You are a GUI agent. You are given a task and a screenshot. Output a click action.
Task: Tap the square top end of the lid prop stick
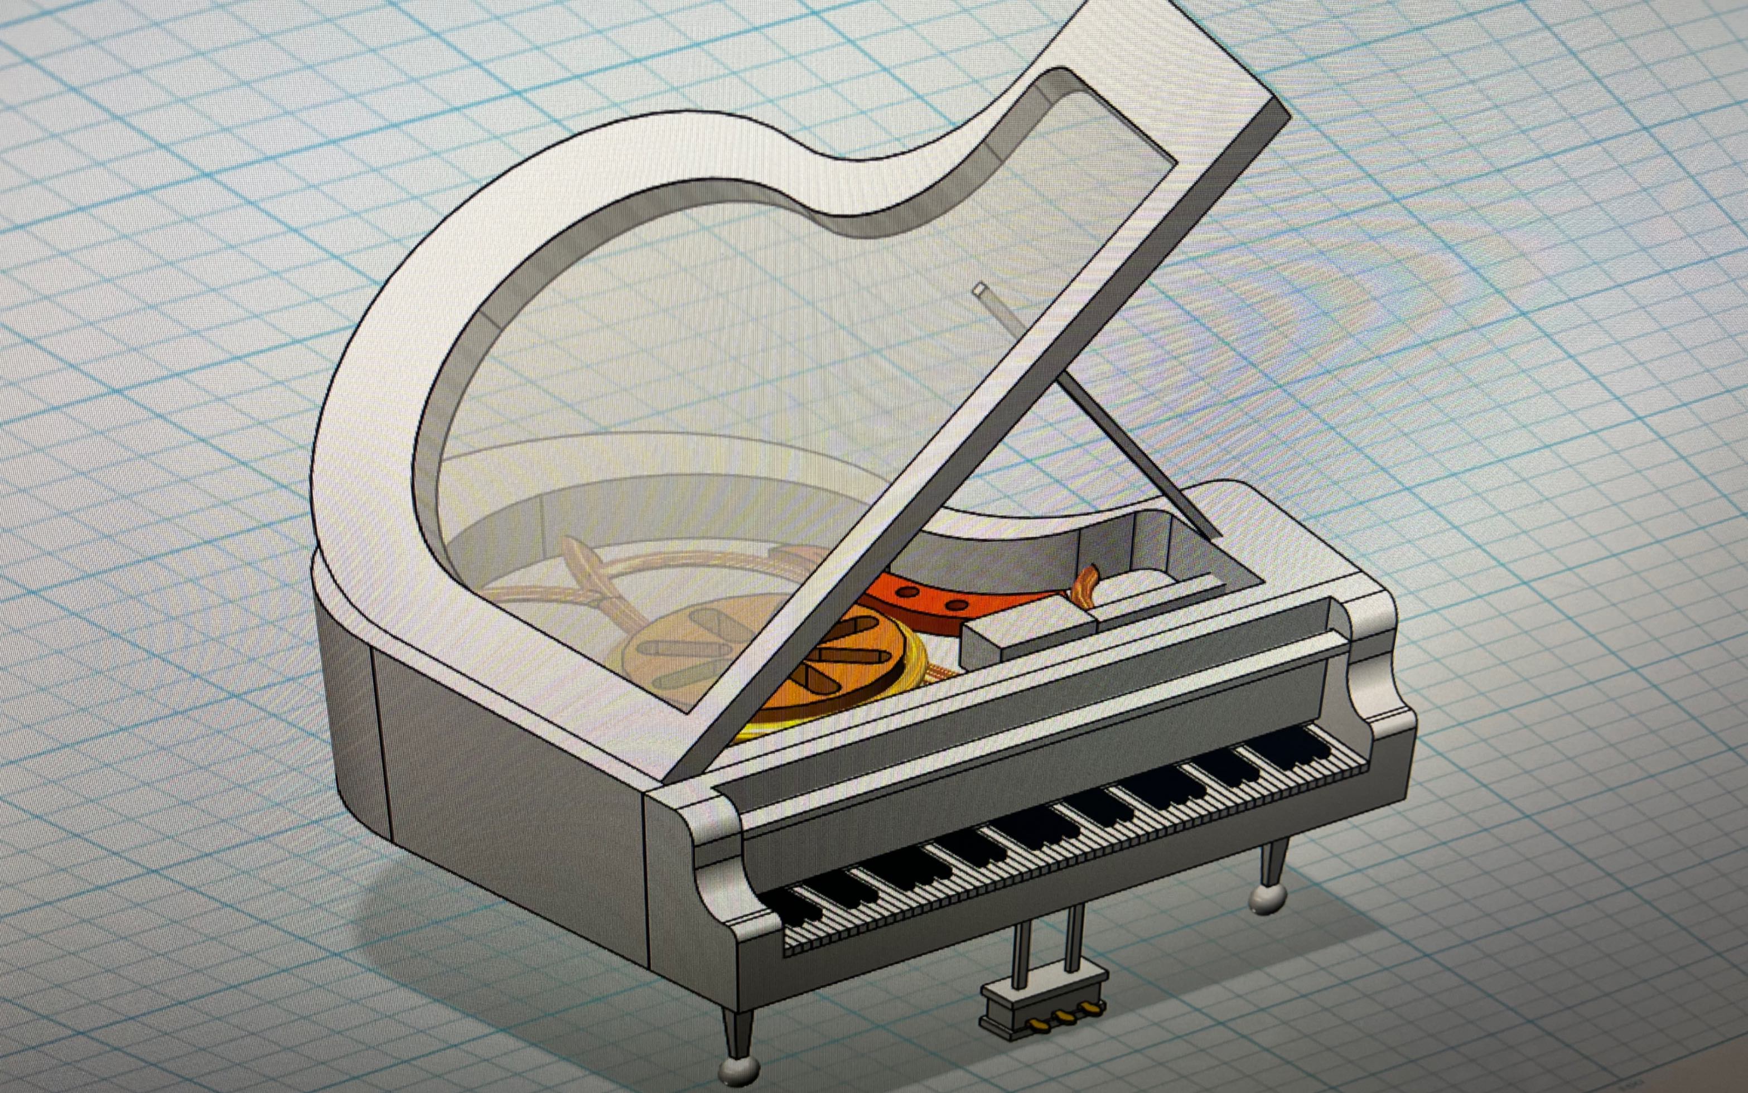(981, 291)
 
